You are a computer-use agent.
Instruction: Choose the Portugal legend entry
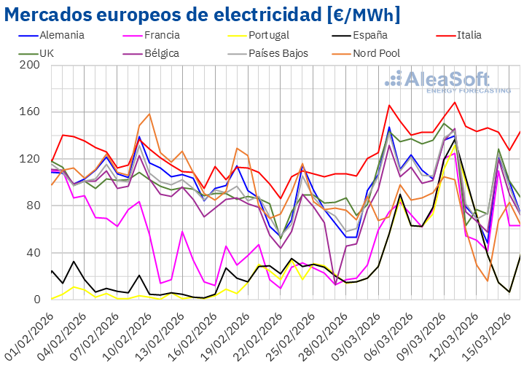click(268, 35)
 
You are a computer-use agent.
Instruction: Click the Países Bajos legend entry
click(278, 53)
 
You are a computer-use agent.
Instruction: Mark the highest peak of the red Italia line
click(455, 101)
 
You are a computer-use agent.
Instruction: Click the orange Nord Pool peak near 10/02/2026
click(149, 114)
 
